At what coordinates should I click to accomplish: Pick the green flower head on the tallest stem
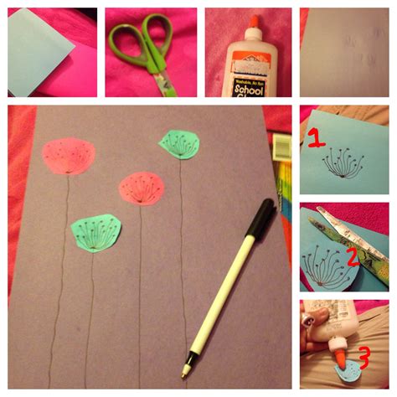point(178,144)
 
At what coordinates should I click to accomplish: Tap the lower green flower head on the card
point(96,232)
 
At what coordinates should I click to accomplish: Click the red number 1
point(315,139)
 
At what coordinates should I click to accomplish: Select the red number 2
point(353,255)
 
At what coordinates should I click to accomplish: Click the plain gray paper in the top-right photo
point(343,50)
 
